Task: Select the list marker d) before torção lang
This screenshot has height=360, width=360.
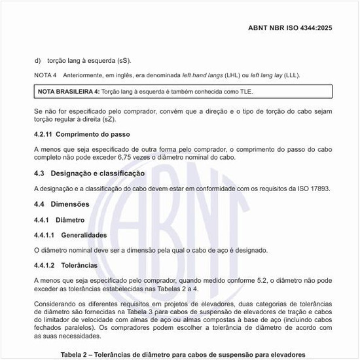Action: coord(38,60)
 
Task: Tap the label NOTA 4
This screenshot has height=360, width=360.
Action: coord(45,76)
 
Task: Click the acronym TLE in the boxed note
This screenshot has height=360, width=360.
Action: coord(243,91)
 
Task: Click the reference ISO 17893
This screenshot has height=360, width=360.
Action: coord(311,189)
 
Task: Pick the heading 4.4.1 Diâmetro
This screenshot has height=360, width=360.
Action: coord(60,219)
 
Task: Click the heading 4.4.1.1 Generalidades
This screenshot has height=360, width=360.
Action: coord(71,234)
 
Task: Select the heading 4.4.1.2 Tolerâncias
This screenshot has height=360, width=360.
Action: coord(66,265)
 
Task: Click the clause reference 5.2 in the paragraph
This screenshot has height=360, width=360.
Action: coord(241,280)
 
